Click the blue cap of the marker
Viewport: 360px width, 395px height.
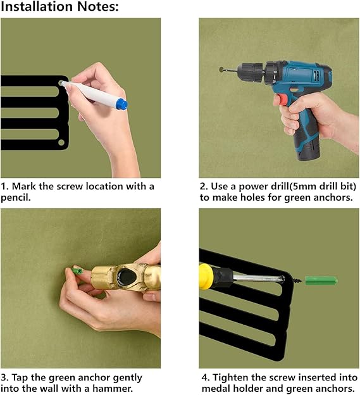(121, 104)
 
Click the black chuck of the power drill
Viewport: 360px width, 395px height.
(251, 73)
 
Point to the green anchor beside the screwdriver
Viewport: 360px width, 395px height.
(321, 280)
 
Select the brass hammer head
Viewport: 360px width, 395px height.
(126, 277)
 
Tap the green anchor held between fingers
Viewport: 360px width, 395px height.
(77, 272)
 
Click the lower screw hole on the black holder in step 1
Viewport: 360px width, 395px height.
(61, 142)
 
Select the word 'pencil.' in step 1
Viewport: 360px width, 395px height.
(16, 197)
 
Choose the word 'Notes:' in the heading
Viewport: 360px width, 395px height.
(97, 6)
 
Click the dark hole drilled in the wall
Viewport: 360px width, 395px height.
(221, 70)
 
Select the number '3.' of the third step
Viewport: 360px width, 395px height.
(4, 378)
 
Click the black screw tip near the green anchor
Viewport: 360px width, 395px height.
(297, 280)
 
